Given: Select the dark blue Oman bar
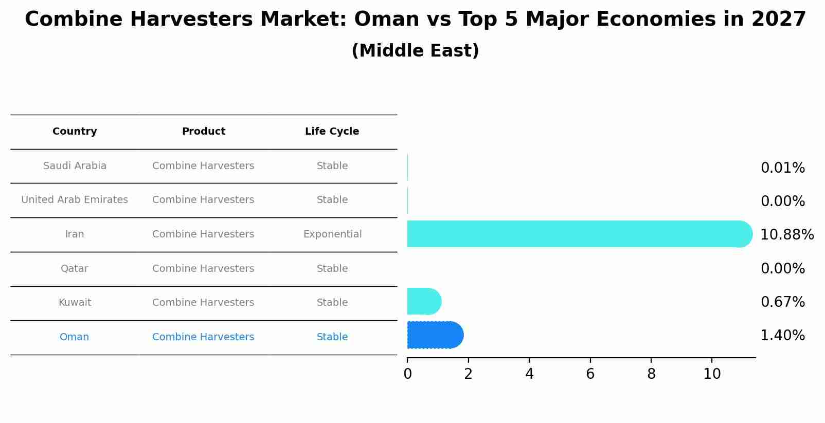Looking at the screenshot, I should pos(435,335).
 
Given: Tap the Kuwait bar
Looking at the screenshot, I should pos(424,301).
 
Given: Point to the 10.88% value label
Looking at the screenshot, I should pos(786,235).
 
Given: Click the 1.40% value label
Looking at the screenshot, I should pos(782,336).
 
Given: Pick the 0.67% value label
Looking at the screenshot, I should pos(782,302).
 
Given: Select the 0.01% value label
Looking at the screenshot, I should pos(782,168).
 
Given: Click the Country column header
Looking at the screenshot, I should pos(75,132).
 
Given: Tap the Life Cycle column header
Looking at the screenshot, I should pos(332,132).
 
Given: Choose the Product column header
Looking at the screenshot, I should pos(203,132).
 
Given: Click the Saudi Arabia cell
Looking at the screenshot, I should pos(75,166).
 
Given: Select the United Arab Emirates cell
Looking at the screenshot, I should pos(75,200).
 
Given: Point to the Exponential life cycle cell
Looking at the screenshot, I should pos(332,234).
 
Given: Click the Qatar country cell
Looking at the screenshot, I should pos(75,269).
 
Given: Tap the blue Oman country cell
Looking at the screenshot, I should pos(75,337).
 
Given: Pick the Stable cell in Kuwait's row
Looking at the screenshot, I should pos(332,303).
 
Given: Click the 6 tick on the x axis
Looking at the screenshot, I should pos(590,374).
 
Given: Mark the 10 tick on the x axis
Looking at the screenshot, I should pos(712,374).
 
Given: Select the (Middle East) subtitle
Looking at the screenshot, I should pos(415,51).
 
